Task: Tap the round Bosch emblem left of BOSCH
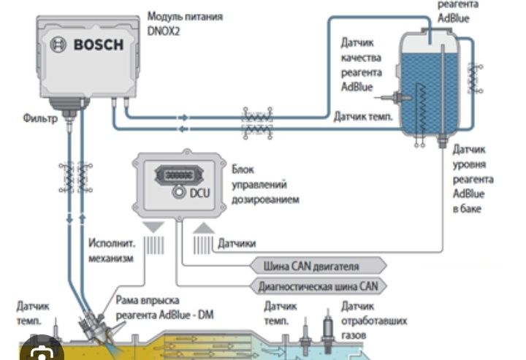58,45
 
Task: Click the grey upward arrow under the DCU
202,229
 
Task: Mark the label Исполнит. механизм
109,250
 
